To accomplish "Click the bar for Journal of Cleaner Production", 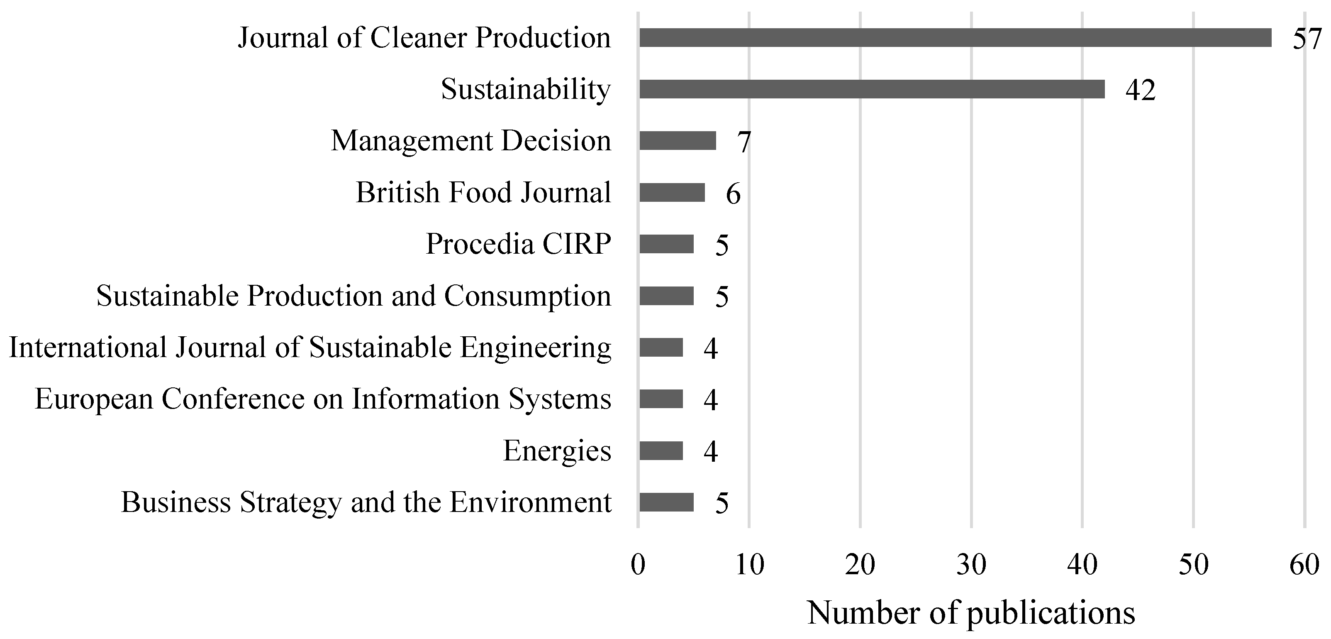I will (x=955, y=38).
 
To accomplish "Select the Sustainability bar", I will (x=872, y=89).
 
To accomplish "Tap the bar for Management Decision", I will (x=678, y=141).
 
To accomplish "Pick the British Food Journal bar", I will (x=672, y=192).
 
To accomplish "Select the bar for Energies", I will (x=661, y=451).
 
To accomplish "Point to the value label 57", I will (x=1307, y=39).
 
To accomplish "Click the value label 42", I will (x=1140, y=91).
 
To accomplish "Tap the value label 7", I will (x=744, y=142).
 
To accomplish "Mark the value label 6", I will (x=733, y=194).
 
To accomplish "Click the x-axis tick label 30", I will (x=971, y=565).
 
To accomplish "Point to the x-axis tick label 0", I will (x=638, y=565).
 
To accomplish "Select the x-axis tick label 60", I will (x=1304, y=565).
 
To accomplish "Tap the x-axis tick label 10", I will (x=749, y=565).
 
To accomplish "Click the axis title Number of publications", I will (x=971, y=613).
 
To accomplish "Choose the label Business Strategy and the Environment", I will (x=366, y=502).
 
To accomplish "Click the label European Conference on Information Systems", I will (x=323, y=399).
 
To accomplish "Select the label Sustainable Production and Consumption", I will (x=353, y=296).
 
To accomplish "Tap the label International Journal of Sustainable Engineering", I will (x=310, y=348).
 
